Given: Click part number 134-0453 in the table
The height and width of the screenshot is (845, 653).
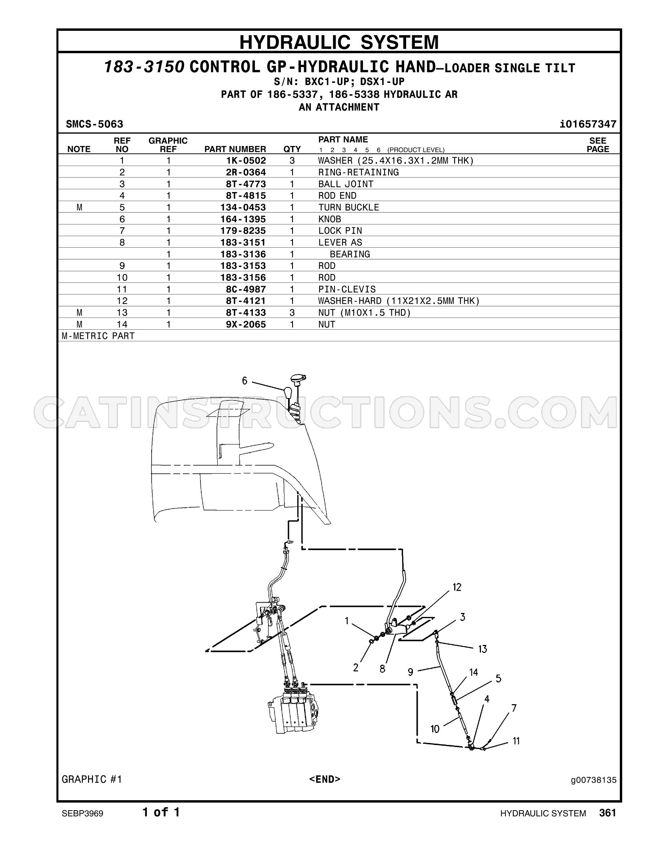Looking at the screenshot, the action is [243, 207].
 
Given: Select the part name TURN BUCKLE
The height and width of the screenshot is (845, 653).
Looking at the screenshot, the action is [349, 207].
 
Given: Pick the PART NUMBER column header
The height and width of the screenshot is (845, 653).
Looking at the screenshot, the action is [235, 149].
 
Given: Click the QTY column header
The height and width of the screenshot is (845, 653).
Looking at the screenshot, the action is [292, 149].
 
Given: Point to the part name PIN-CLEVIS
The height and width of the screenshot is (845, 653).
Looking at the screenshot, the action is [347, 289].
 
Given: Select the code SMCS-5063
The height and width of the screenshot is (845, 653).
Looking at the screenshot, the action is [94, 124].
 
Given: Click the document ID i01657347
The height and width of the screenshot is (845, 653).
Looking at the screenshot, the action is [588, 124].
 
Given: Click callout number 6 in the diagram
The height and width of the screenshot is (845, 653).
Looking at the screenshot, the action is [245, 381].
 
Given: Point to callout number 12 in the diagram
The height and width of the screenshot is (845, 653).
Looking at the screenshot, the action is [457, 587].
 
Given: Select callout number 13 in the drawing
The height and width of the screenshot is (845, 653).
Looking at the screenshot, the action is [483, 649].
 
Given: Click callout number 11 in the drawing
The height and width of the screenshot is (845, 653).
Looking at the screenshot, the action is [516, 741].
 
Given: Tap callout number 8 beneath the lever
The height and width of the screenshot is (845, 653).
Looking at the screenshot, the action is [383, 669].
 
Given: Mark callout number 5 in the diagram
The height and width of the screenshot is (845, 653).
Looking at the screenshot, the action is [498, 679].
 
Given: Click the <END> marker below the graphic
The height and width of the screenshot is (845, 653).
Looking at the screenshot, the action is [325, 779].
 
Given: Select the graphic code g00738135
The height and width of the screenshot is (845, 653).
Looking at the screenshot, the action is [593, 780].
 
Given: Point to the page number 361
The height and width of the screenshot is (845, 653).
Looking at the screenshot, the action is [608, 812].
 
